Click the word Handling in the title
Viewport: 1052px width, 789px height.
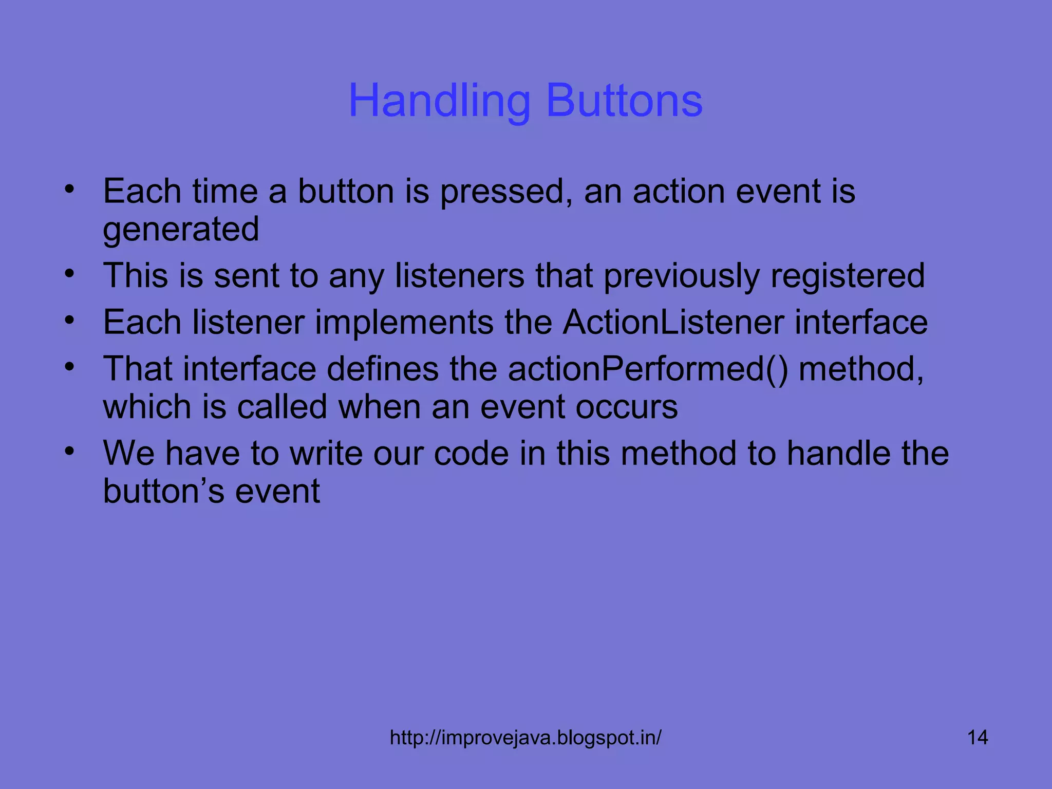point(439,101)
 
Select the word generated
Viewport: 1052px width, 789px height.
point(181,231)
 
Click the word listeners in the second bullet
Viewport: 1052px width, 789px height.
point(460,276)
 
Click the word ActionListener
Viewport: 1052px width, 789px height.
point(673,323)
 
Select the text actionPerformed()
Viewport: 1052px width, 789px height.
point(648,370)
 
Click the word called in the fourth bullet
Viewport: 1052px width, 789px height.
point(282,407)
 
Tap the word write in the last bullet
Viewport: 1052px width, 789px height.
point(326,454)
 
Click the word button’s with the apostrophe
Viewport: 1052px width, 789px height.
point(164,492)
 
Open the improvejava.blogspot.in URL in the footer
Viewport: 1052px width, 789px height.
point(525,738)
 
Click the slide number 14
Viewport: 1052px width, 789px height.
point(977,738)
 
